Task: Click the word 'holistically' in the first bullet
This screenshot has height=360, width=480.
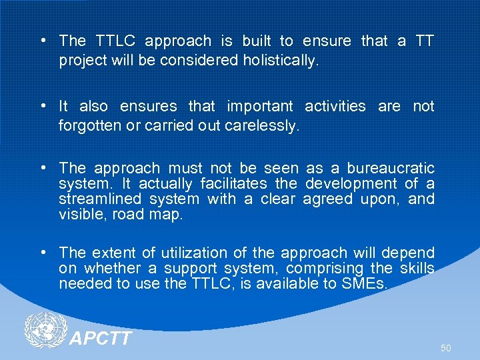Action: pos(282,61)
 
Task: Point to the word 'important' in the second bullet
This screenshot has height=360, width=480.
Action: pos(259,107)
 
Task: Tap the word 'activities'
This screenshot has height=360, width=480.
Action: pos(335,107)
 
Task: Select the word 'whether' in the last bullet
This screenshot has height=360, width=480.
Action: pos(110,269)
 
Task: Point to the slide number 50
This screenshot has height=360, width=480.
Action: pos(445,349)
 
